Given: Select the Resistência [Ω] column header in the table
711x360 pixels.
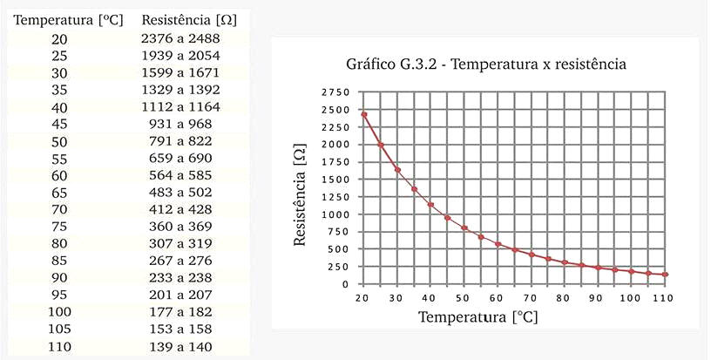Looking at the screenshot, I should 188,18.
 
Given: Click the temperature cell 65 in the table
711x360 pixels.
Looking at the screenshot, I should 58,193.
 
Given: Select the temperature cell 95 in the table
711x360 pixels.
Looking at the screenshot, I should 58,295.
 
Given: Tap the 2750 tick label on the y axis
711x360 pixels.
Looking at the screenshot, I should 335,92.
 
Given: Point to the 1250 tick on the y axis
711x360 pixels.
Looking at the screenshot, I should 335,197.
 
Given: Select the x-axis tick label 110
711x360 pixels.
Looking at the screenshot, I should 665,297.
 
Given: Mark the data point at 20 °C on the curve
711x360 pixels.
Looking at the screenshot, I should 363,114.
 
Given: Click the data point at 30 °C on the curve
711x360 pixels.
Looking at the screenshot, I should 397,169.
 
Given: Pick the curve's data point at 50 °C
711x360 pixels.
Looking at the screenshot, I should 464,228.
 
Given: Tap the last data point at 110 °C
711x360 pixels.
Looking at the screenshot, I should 665,275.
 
